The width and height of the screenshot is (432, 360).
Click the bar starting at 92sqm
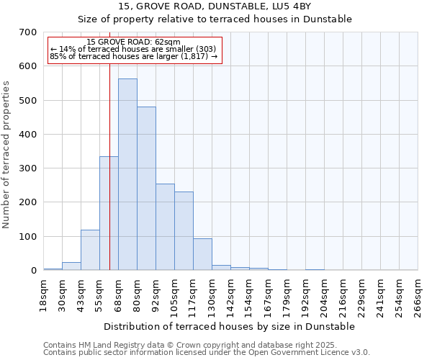165,227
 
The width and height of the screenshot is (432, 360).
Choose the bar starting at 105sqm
184,230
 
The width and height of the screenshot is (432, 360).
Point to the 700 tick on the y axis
28,32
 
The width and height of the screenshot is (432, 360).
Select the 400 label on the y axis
28,135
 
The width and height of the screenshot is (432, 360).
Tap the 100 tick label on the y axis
28,237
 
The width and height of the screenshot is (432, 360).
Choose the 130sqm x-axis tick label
212,295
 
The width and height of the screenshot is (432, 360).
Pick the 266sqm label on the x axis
418,295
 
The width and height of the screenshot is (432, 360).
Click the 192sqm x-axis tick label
305,295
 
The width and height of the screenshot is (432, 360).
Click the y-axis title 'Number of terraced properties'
7,155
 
